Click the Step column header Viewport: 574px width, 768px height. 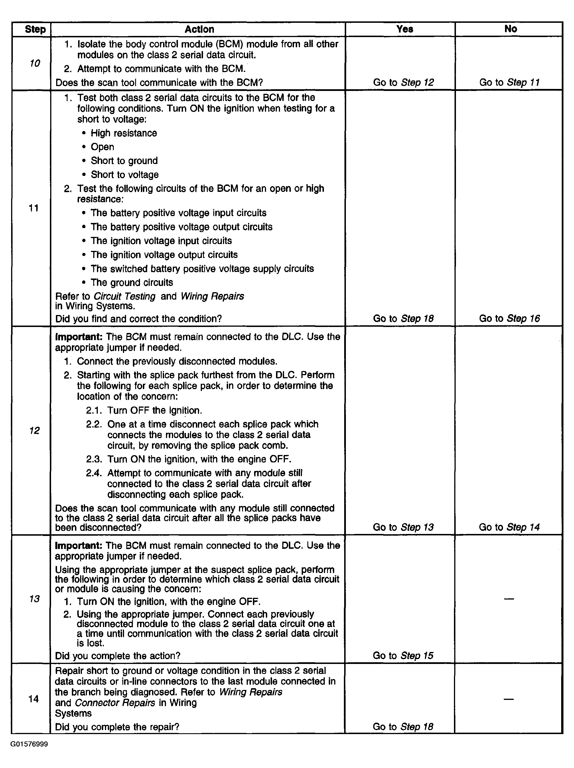coord(35,29)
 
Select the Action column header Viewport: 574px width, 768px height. coord(199,29)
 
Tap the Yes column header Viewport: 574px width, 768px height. coord(405,29)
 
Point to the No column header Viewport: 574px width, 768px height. coord(510,29)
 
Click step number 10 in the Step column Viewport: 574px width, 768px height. coord(35,63)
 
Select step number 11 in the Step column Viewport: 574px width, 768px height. coord(34,208)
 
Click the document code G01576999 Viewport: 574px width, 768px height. coord(29,744)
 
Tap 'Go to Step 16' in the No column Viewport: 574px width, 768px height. coord(509,318)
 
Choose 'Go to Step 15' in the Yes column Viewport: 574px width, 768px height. coord(403,655)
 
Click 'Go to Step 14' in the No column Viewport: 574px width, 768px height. coord(509,527)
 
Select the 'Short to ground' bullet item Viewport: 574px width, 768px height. coord(124,161)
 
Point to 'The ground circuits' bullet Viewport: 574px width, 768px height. coord(132,282)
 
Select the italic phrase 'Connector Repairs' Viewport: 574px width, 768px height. coord(115,703)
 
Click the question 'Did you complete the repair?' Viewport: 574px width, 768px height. coord(117,727)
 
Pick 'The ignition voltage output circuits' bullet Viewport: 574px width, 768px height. coord(164,255)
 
